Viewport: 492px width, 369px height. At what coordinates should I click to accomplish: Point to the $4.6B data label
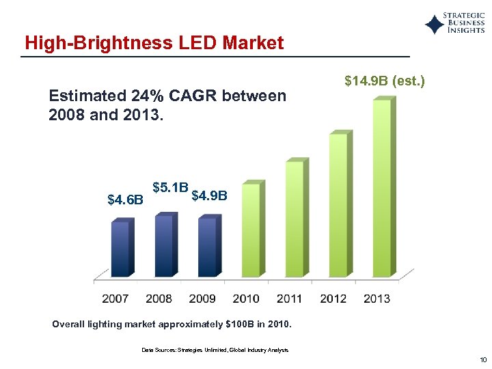click(x=126, y=200)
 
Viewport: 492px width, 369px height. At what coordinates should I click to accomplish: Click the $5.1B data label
click(x=170, y=187)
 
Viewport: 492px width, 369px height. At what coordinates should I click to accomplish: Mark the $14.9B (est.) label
click(x=385, y=81)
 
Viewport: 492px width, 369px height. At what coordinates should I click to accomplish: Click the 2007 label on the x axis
click(x=115, y=299)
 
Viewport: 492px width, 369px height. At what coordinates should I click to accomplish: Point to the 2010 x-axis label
click(x=246, y=299)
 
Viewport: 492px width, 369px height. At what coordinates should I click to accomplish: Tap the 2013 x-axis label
click(x=377, y=299)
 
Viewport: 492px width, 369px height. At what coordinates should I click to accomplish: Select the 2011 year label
click(x=290, y=299)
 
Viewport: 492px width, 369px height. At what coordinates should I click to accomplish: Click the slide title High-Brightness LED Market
click(x=154, y=43)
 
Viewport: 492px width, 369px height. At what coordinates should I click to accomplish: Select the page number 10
click(x=482, y=360)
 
